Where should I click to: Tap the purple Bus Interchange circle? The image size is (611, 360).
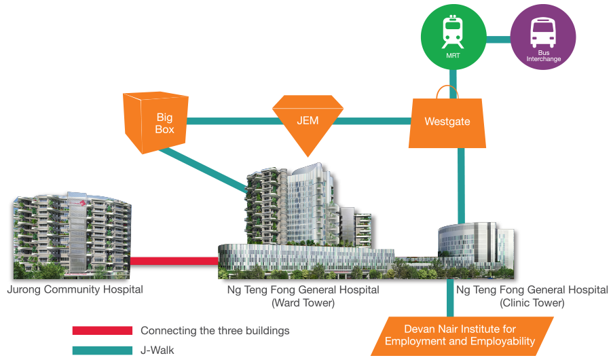tap(543, 38)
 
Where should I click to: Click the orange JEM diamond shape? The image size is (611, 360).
tap(306, 122)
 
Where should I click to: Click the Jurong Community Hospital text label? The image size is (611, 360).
tap(75, 290)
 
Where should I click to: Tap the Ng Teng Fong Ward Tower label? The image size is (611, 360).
tap(303, 296)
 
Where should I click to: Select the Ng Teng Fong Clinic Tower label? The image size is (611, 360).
tap(532, 296)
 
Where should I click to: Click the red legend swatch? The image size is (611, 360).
tap(102, 331)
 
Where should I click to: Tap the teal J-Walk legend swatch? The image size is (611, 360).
tap(102, 350)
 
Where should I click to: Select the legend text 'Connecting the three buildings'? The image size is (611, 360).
tap(215, 331)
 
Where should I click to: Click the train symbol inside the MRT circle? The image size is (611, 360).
tap(451, 31)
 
